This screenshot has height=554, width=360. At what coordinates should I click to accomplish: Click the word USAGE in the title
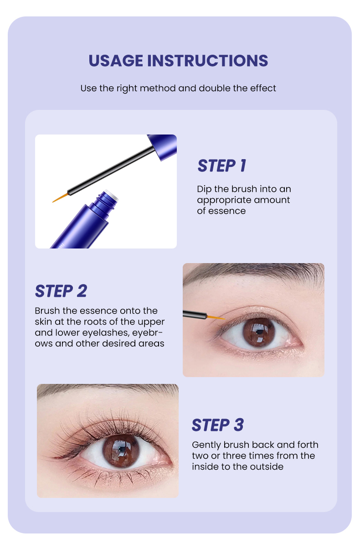[x=116, y=61]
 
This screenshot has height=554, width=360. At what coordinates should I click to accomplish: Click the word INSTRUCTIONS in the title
[x=208, y=61]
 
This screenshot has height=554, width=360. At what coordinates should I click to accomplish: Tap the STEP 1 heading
[x=222, y=166]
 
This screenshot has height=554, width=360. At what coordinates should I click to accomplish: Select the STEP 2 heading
[x=61, y=291]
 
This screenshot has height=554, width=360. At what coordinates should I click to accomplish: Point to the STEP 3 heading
[x=218, y=425]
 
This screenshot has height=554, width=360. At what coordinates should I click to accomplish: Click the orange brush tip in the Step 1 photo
[x=60, y=197]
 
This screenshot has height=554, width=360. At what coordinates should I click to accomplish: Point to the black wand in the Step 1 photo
[x=111, y=170]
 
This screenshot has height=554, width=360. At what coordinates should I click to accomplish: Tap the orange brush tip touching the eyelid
[x=216, y=317]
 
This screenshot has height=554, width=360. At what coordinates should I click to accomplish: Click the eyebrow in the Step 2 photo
[x=255, y=272]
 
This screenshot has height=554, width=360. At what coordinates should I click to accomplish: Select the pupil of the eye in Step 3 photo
[x=121, y=450]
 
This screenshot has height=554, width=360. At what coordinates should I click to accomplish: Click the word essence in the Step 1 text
[x=227, y=211]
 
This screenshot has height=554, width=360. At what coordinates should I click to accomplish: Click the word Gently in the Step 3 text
[x=206, y=445]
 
